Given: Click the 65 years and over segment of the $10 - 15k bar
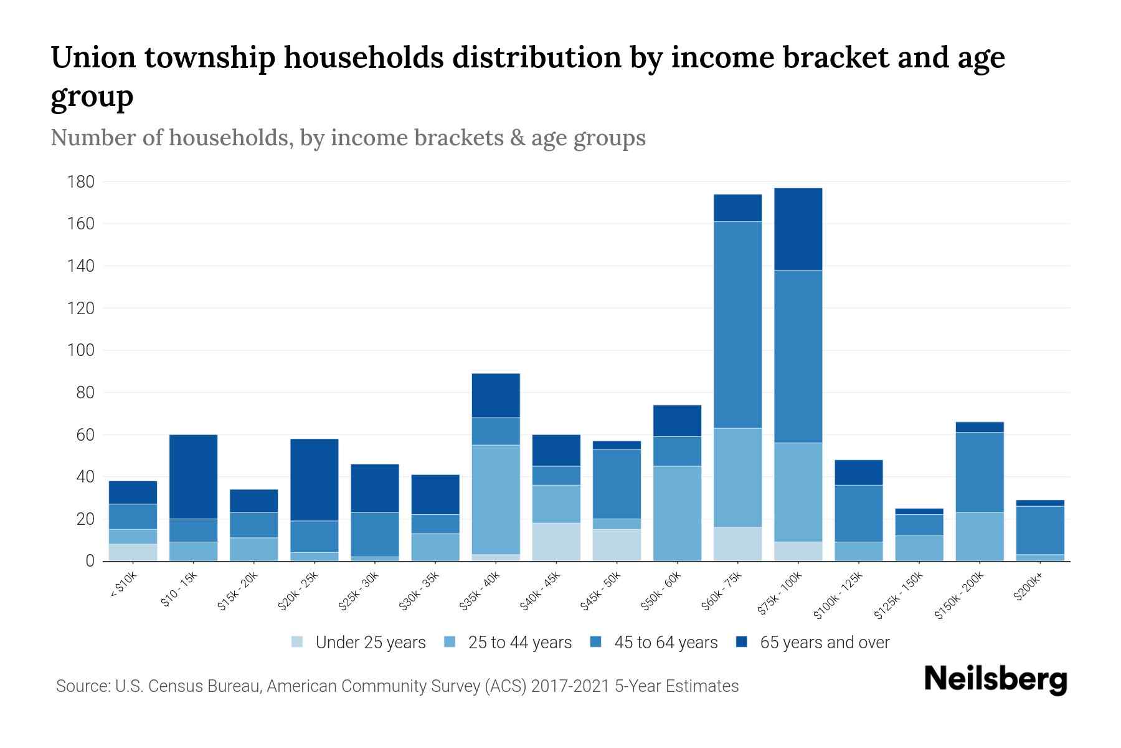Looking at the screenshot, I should (x=193, y=477).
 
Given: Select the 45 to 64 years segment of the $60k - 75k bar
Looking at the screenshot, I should (x=737, y=324).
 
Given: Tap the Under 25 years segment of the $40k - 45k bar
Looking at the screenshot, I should (x=556, y=542).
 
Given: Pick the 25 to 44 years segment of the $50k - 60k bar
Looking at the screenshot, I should (x=677, y=513).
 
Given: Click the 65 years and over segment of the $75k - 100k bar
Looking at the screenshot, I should (x=798, y=229).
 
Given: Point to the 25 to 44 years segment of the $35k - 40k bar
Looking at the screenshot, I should (x=496, y=499).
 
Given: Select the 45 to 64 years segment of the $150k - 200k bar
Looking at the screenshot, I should (x=979, y=472).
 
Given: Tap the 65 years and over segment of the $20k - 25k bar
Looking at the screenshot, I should (x=314, y=480).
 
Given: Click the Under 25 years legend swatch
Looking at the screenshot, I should (x=298, y=642).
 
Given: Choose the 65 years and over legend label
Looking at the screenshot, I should (x=824, y=642).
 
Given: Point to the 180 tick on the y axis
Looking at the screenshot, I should (x=81, y=182).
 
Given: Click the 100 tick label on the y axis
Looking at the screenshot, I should (x=81, y=350).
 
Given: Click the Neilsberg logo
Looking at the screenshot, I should (x=995, y=679).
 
